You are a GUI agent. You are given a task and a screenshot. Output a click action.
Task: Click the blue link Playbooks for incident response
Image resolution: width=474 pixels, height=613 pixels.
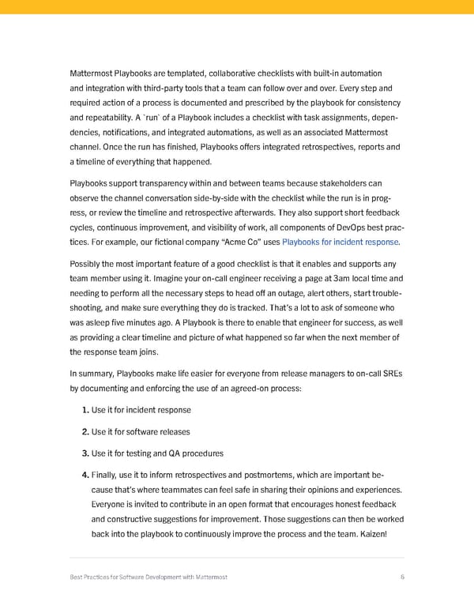tap(340, 242)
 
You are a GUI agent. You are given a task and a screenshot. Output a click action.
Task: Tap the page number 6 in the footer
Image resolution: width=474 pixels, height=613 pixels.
tap(402, 577)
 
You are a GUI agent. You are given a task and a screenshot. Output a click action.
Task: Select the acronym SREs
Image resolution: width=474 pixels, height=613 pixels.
tap(391, 374)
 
